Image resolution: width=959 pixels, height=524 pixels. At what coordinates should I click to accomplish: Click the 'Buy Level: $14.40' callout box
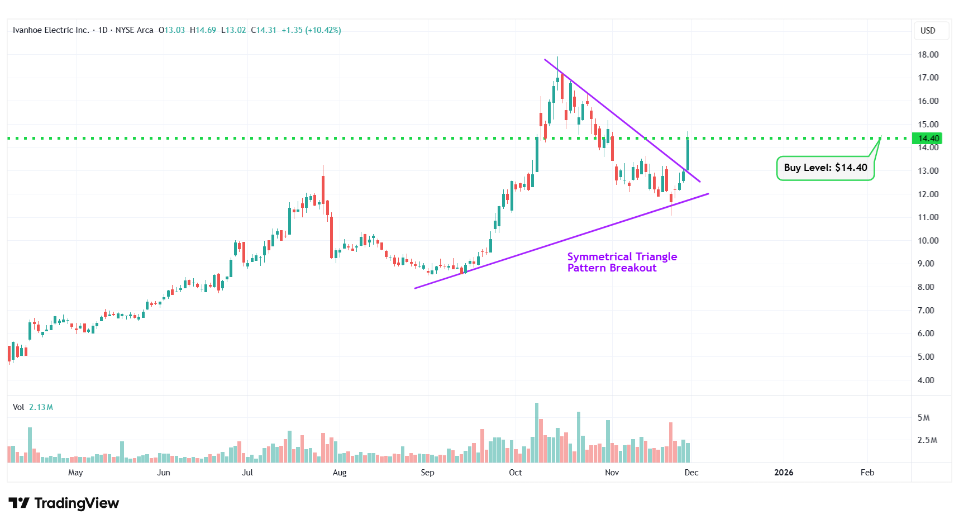click(x=825, y=168)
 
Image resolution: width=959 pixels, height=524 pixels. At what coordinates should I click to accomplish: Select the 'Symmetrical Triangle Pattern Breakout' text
click(x=622, y=262)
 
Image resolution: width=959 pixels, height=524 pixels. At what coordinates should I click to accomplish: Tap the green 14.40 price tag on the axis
click(x=928, y=139)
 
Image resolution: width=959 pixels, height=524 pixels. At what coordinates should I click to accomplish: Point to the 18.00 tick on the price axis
click(x=928, y=55)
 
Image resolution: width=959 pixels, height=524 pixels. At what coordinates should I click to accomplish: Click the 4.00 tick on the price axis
click(x=925, y=380)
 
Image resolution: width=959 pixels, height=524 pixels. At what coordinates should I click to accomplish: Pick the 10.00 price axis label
click(x=928, y=241)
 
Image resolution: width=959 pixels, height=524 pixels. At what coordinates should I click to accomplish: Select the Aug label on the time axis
click(x=340, y=473)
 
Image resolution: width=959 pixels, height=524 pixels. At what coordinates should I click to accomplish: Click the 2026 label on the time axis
click(x=783, y=473)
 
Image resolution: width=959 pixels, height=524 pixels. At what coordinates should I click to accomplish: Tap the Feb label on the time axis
click(x=867, y=473)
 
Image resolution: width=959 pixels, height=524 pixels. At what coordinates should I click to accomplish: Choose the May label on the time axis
click(x=75, y=473)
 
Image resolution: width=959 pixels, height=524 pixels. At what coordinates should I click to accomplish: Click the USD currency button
click(x=928, y=31)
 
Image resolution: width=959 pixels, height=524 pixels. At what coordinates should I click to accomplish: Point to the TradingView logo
click(x=64, y=503)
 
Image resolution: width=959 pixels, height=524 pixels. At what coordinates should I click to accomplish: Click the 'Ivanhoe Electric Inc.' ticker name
click(x=51, y=30)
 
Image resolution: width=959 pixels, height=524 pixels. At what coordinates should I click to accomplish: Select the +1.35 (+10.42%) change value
click(x=311, y=30)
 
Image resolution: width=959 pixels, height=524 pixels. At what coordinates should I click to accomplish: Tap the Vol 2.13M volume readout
click(x=33, y=407)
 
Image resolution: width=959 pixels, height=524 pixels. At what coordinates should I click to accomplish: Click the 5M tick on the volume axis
click(x=923, y=418)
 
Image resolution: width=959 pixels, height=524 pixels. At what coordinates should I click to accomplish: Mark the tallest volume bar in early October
click(x=537, y=433)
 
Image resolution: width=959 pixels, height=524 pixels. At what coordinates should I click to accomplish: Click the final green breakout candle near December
click(x=688, y=154)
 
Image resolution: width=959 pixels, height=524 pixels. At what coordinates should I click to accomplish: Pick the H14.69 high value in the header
click(x=203, y=30)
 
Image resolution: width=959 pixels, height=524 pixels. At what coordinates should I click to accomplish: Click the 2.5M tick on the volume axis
click(x=927, y=440)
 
